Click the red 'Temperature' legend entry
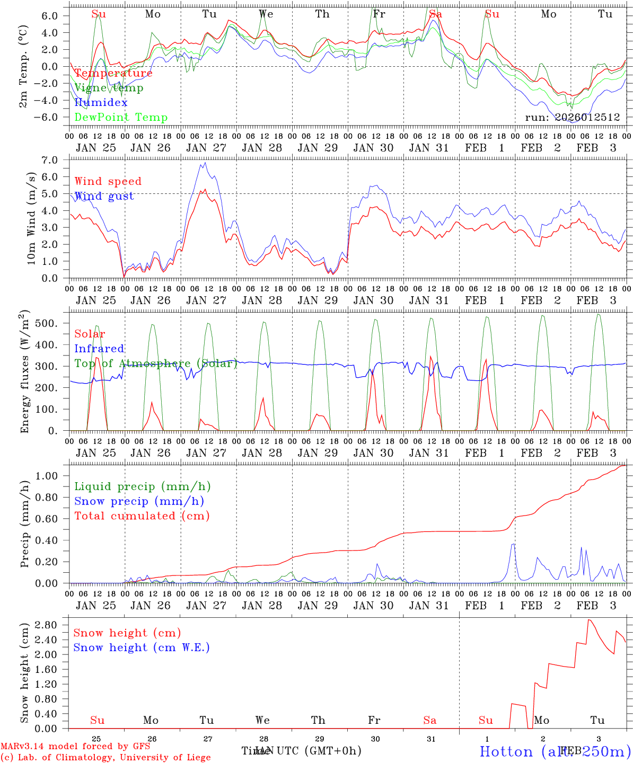(113, 73)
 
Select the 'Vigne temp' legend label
(109, 88)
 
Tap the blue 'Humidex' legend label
(101, 102)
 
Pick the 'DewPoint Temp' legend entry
(121, 117)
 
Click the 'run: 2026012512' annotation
(572, 117)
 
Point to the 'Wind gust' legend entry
(104, 196)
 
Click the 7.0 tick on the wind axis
(52, 160)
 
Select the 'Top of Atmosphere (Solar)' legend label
(156, 363)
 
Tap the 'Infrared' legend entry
(99, 349)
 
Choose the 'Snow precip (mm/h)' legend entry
(139, 501)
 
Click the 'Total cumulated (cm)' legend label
(142, 516)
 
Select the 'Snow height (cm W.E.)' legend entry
(142, 647)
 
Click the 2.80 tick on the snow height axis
(49, 625)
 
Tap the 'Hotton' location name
(506, 751)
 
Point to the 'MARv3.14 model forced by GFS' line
(75, 746)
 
